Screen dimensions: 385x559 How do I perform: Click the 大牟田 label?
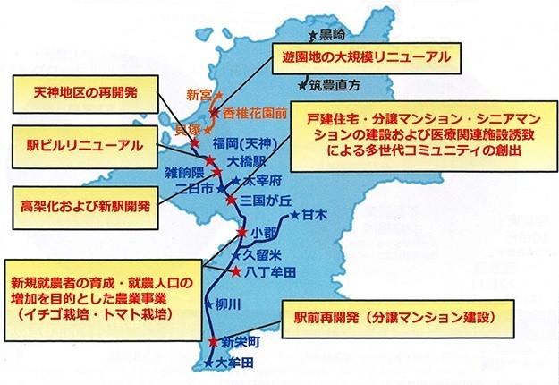[x=236, y=363]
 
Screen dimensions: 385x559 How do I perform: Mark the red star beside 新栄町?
[x=212, y=343]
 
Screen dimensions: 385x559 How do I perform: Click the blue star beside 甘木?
[x=294, y=215]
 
